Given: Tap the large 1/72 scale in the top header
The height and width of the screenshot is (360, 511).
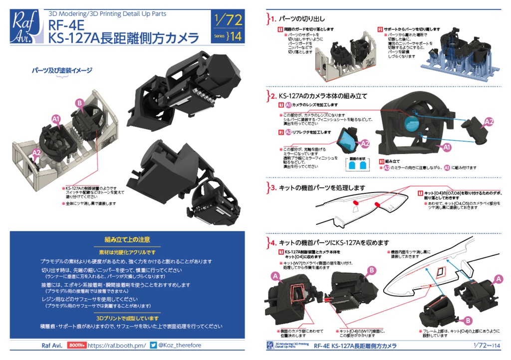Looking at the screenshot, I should click(228, 20).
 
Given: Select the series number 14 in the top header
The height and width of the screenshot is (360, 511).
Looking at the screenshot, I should click(234, 36).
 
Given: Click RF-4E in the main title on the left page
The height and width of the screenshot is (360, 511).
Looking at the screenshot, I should click(62, 24).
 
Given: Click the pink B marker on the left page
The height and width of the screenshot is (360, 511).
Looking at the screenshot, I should click(79, 103).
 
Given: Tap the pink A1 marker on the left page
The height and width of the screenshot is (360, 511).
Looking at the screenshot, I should click(56, 119).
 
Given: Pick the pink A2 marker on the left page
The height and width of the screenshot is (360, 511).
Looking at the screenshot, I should click(36, 153).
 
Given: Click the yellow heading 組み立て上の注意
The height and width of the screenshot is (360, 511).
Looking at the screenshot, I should click(127, 240).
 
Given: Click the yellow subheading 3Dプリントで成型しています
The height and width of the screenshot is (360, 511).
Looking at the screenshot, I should click(127, 318).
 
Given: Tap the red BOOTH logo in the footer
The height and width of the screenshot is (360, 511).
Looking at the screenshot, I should click(76, 345).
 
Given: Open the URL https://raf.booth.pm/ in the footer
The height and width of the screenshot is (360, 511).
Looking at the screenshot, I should click(117, 345).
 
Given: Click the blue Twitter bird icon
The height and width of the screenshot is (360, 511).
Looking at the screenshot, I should click(154, 345).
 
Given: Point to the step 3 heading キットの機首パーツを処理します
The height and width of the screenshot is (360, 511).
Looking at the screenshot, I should click(322, 187).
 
